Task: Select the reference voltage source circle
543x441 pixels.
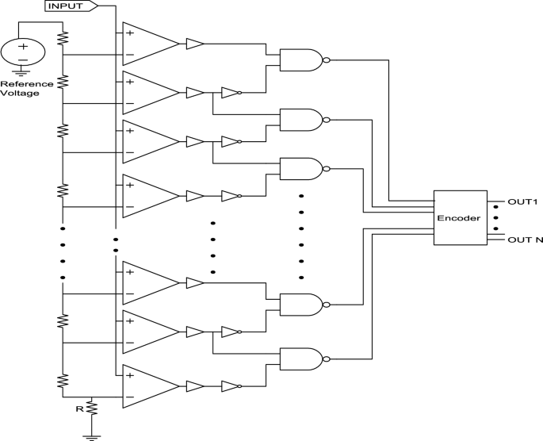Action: pos(22,52)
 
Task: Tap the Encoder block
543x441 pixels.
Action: pos(459,218)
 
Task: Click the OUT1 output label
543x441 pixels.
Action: pos(522,201)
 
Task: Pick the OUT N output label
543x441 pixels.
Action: pos(524,239)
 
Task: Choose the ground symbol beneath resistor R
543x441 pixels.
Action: pos(91,434)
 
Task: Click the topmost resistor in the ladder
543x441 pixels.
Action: pos(63,37)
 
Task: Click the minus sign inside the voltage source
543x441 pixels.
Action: pos(22,59)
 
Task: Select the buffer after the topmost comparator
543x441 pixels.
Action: pos(194,44)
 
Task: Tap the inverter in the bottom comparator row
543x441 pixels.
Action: pos(230,387)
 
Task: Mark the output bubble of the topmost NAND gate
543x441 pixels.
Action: pos(326,58)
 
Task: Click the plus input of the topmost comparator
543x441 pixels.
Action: pos(129,33)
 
